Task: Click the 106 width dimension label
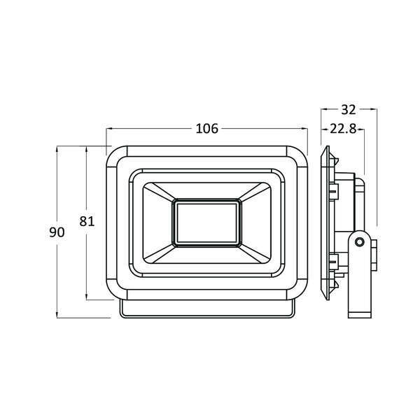(207, 128)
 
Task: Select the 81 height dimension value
(87, 221)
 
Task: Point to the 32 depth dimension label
(349, 109)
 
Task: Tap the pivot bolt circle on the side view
(359, 241)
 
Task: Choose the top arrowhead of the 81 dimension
(87, 147)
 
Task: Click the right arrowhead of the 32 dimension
(374, 109)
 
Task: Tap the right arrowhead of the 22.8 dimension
(364, 129)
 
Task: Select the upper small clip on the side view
(337, 188)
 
